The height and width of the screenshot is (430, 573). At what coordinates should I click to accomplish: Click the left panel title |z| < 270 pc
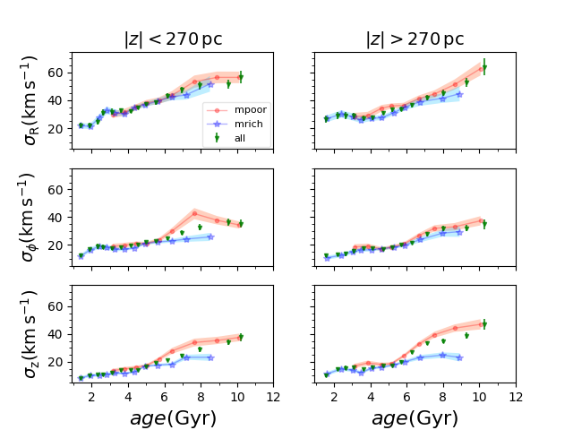[x=173, y=39]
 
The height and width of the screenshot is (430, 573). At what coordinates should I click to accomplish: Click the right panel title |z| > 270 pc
[x=415, y=39]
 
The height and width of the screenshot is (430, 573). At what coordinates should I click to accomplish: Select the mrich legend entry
[x=250, y=124]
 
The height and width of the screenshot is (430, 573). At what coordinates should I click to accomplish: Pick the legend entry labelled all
[x=243, y=138]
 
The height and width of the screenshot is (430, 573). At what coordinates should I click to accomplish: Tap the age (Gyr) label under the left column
[x=173, y=417]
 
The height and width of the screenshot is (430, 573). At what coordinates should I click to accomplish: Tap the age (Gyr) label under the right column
[x=415, y=417]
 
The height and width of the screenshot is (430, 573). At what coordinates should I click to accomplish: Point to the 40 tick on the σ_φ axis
[x=61, y=217]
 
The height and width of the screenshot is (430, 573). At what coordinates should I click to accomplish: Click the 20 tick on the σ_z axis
[x=61, y=361]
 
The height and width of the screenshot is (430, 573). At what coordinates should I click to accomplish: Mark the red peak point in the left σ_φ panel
[x=194, y=213]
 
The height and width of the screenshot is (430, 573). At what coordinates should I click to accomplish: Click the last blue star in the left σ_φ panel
[x=210, y=236]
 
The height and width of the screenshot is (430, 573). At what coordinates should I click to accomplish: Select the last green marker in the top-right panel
[x=483, y=67]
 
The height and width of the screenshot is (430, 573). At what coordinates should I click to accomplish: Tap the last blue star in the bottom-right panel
[x=459, y=357]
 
